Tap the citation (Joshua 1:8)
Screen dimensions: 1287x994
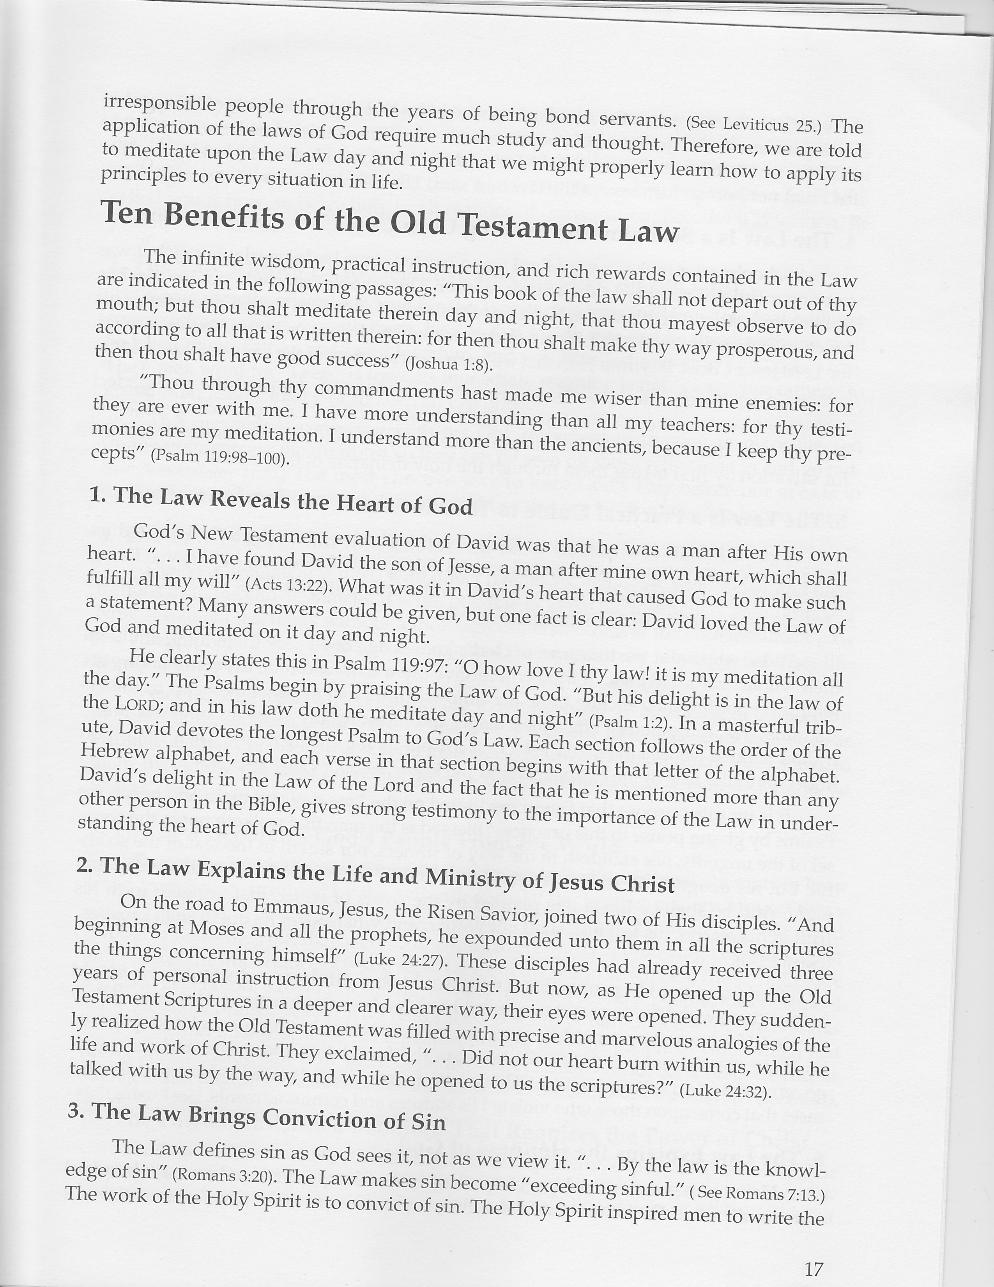(449, 364)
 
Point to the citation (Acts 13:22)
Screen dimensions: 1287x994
(285, 583)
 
